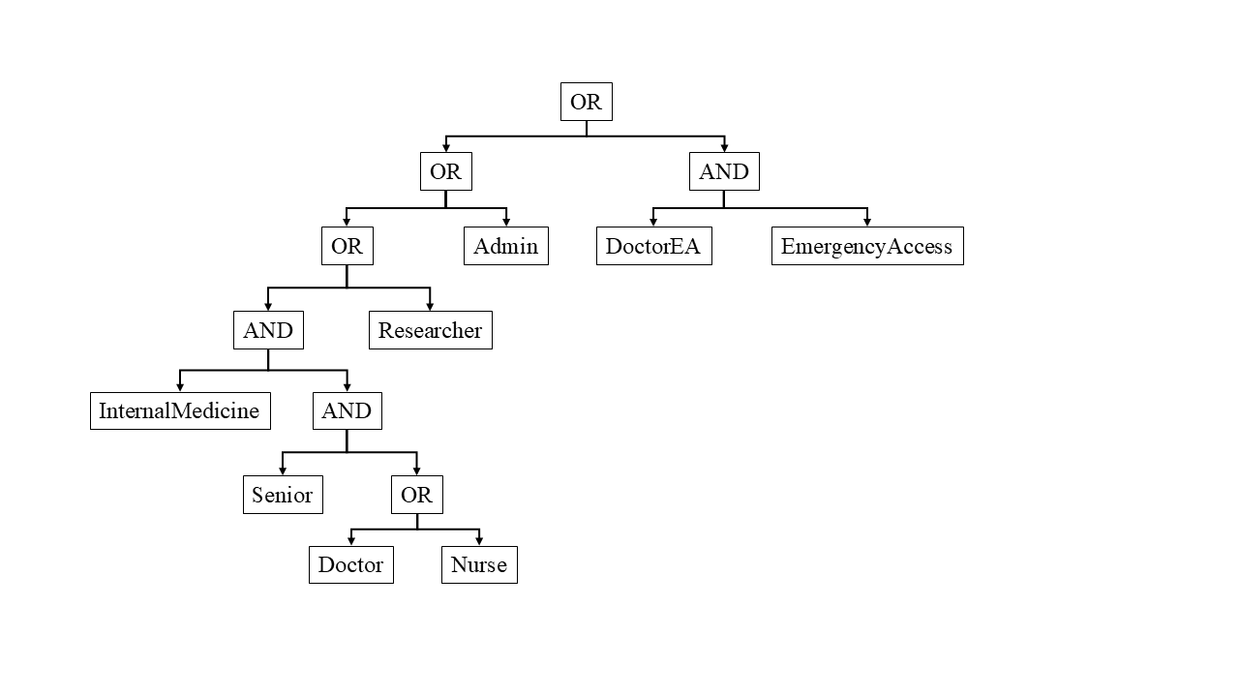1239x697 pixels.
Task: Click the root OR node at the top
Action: click(x=586, y=102)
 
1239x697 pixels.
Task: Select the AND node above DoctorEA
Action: click(x=724, y=171)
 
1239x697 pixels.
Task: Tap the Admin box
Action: click(x=505, y=246)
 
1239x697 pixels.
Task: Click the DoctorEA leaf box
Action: click(x=653, y=246)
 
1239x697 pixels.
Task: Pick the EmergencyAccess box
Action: click(x=866, y=246)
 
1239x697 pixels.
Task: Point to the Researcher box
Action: click(x=430, y=330)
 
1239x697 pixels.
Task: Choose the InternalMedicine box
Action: click(x=179, y=410)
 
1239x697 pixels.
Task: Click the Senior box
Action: click(x=283, y=495)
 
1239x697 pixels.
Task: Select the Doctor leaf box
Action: click(x=350, y=564)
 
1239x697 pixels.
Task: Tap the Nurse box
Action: click(x=479, y=564)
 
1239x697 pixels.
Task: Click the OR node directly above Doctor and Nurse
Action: click(x=416, y=495)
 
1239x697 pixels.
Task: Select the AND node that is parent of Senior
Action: click(x=347, y=410)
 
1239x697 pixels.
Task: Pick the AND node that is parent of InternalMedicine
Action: click(x=268, y=330)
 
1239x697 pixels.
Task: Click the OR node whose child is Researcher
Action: click(x=347, y=246)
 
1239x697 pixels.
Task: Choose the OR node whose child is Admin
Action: click(x=445, y=171)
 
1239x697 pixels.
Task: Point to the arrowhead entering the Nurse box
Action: click(x=479, y=541)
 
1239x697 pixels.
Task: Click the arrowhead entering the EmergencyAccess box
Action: click(x=866, y=222)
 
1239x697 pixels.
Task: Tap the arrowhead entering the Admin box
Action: click(x=505, y=222)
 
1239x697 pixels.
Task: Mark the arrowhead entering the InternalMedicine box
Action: click(x=179, y=386)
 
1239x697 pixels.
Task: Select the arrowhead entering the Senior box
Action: click(x=283, y=470)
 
